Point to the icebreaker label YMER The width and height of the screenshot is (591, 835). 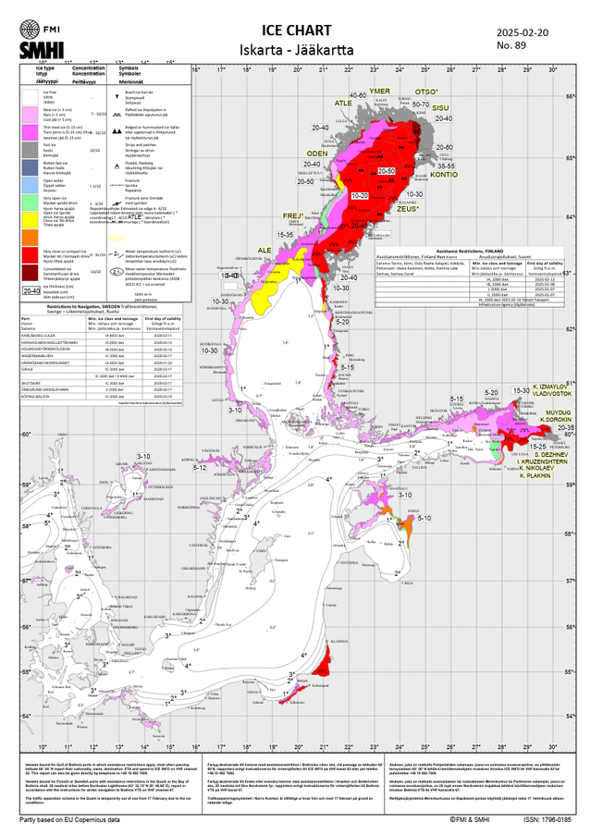(x=379, y=91)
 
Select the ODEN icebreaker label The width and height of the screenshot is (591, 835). (x=328, y=153)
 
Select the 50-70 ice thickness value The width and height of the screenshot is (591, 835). (x=420, y=105)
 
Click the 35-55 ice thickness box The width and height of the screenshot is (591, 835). (x=446, y=165)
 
